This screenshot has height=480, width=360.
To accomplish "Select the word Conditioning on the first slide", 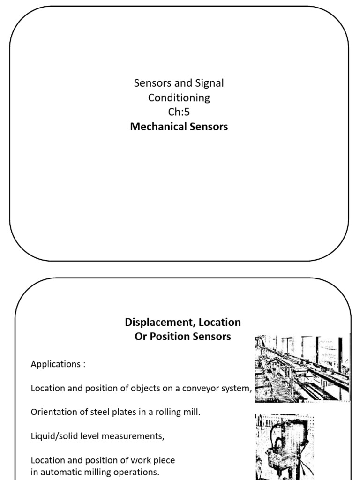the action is [179, 98].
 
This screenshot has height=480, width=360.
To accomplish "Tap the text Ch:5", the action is [179, 112].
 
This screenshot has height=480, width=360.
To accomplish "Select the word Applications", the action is [56, 364].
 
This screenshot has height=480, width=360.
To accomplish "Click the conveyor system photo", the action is [302, 368].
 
